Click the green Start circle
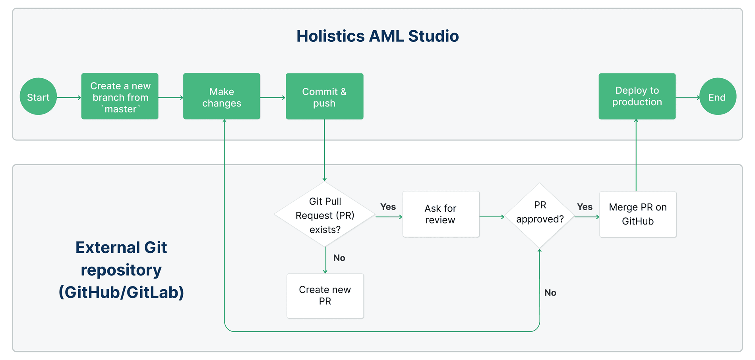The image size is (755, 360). click(38, 97)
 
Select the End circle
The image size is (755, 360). click(718, 97)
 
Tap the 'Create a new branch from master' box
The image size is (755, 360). click(120, 96)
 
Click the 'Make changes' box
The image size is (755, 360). click(222, 96)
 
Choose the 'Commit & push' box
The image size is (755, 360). click(325, 96)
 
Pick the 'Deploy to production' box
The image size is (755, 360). click(637, 96)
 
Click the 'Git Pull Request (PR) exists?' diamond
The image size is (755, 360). click(325, 215)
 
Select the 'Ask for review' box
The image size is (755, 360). click(441, 214)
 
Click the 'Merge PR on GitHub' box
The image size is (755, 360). click(638, 215)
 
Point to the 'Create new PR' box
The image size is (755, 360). click(325, 296)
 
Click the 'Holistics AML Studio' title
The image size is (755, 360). click(377, 36)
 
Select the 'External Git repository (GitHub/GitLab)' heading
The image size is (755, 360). click(121, 270)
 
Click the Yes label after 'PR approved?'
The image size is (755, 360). click(585, 207)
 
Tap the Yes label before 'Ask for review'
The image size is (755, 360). click(388, 207)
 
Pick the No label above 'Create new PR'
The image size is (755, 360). click(339, 258)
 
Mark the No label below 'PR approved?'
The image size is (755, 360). click(550, 293)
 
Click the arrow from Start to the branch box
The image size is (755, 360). click(69, 97)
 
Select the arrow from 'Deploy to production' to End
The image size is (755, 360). click(688, 97)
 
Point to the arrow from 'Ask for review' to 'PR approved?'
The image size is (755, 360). click(492, 217)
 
